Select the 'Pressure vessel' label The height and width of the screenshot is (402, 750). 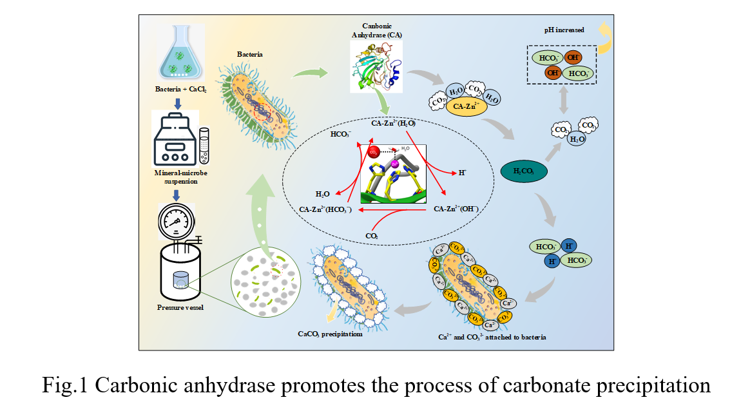pos(180,308)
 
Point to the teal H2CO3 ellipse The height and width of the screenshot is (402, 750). pos(524,171)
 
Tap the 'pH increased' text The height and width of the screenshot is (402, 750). pos(563,30)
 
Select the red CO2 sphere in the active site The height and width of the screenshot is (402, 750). pos(372,152)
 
